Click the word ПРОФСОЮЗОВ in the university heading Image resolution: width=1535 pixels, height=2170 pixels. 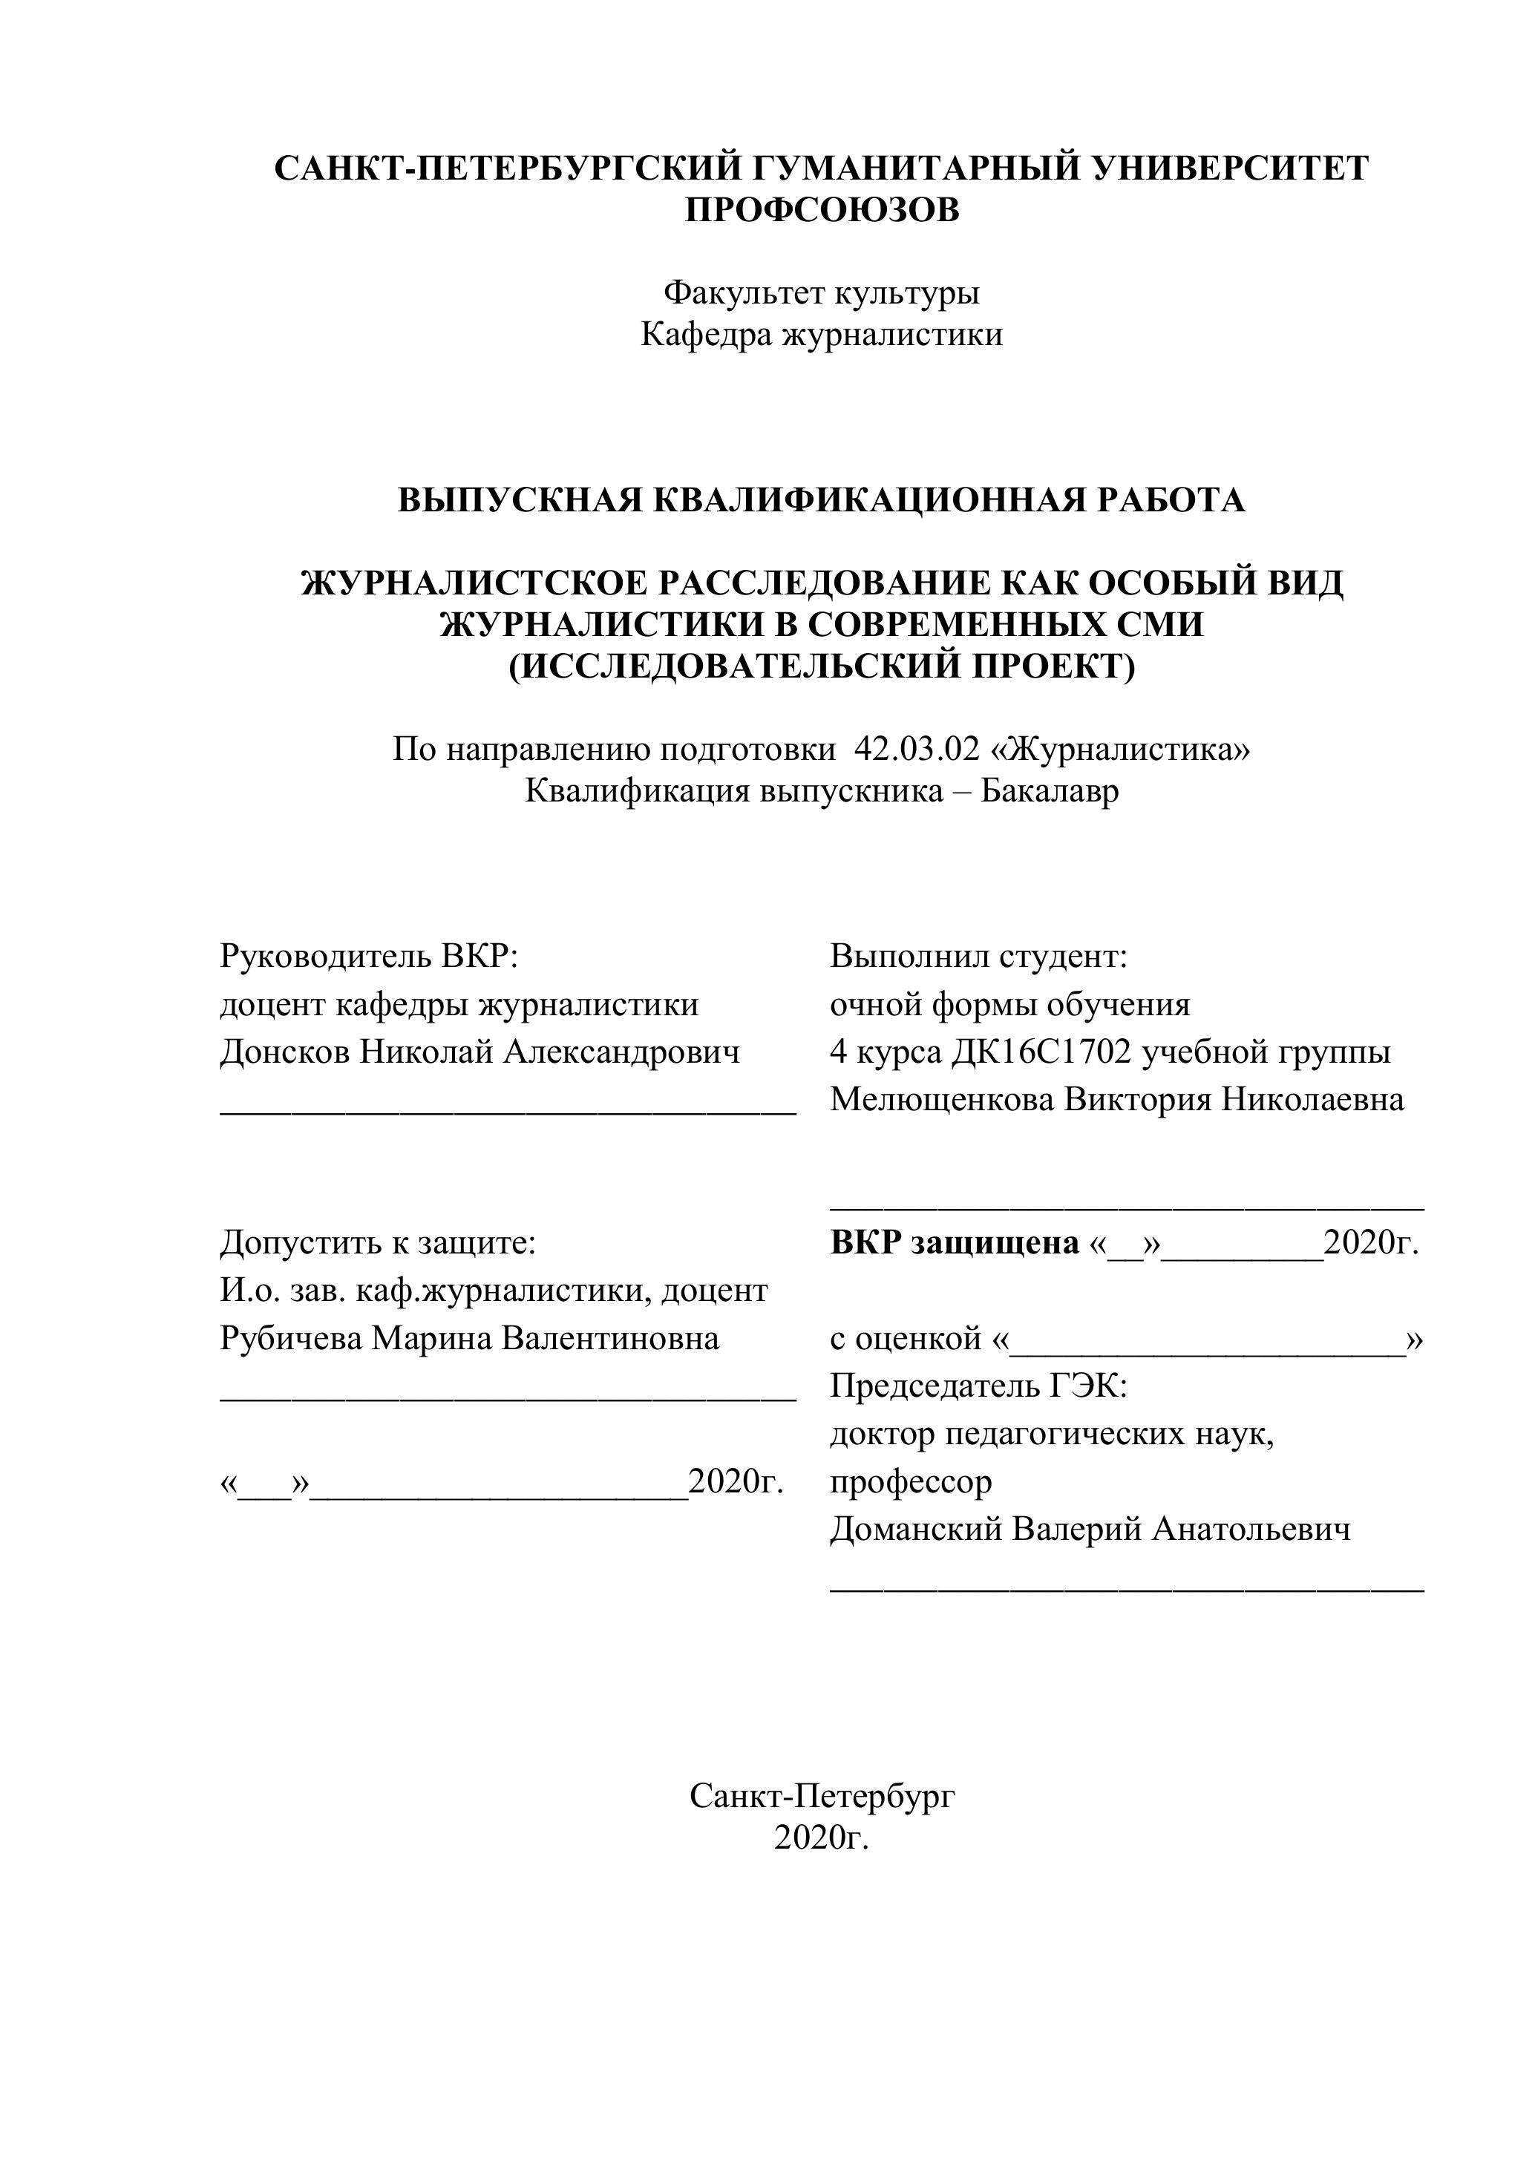tap(822, 210)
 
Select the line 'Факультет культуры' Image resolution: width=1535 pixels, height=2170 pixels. tap(822, 293)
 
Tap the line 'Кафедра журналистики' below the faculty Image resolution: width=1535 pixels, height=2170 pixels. tap(822, 335)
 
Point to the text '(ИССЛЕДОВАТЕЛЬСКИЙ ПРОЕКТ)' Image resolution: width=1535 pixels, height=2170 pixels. tap(822, 666)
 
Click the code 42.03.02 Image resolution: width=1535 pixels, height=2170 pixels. tap(916, 750)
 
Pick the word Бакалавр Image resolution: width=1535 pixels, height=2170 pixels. tap(1049, 791)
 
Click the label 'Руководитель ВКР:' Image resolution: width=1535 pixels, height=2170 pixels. tap(370, 957)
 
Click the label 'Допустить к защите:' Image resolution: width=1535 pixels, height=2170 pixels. tap(378, 1243)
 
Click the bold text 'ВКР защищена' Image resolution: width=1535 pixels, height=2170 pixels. tap(955, 1243)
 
